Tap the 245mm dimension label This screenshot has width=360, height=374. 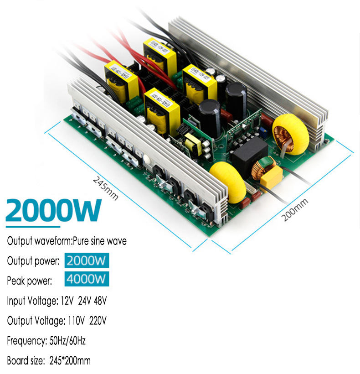pos(106,187)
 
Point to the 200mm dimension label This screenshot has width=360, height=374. pos(295,210)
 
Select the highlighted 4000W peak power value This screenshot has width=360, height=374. pos(87,279)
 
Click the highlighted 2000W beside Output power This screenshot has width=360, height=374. pos(87,261)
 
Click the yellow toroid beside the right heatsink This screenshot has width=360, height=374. pos(290,134)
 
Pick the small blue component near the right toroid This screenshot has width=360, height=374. pos(264,132)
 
